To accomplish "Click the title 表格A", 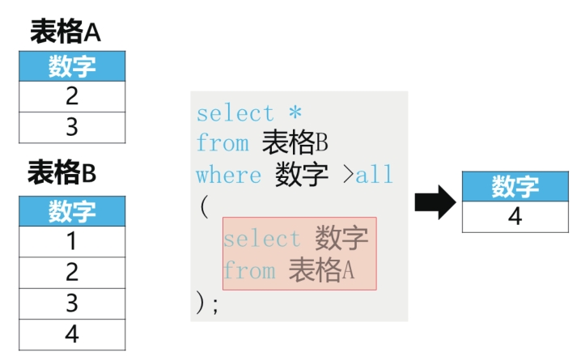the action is (x=66, y=32).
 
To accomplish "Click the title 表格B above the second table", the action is (x=61, y=172).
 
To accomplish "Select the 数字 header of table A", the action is (x=72, y=66).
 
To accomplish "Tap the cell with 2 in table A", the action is (x=72, y=96).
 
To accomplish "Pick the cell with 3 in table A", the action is (x=72, y=127).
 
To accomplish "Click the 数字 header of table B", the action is (x=72, y=211).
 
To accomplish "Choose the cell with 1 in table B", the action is (x=72, y=241).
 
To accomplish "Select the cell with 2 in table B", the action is (x=72, y=272).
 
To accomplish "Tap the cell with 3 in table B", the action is (x=72, y=303).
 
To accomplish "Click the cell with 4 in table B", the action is (x=72, y=334).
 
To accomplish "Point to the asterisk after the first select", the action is (x=295, y=112).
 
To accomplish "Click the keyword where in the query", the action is (x=229, y=175).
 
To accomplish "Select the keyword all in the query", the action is (x=374, y=174).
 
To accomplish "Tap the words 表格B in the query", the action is (x=295, y=142).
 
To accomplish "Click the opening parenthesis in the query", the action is (x=204, y=206).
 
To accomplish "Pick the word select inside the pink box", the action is (x=261, y=238).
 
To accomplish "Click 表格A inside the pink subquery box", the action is (x=321, y=269).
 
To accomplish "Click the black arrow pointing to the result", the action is (x=435, y=202).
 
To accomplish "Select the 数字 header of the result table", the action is (x=515, y=186).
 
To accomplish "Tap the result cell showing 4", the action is (x=515, y=217).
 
